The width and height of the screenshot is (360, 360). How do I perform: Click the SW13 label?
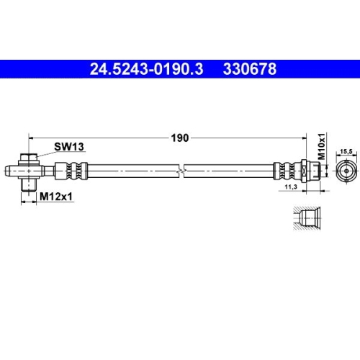(69, 146)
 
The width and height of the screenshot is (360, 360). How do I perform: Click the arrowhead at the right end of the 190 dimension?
(317, 134)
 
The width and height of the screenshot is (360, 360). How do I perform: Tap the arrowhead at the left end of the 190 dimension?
(30, 134)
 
